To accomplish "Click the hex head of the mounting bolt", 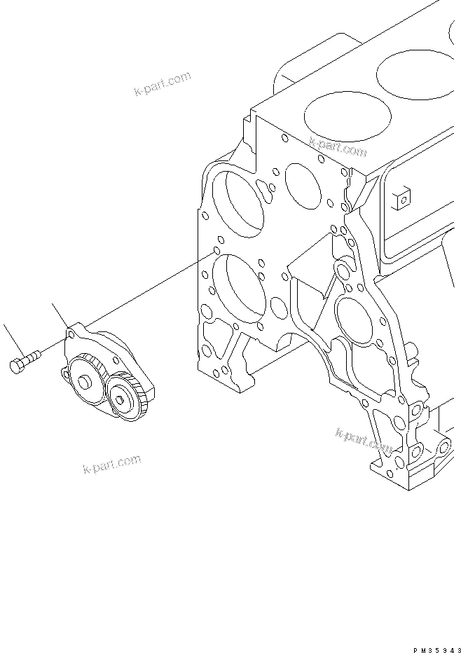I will tap(17, 365).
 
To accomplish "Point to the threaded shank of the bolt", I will tap(32, 358).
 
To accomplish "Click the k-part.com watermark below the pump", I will tap(112, 463).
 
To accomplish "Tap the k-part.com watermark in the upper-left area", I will tap(162, 83).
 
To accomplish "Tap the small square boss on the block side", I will tap(401, 200).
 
